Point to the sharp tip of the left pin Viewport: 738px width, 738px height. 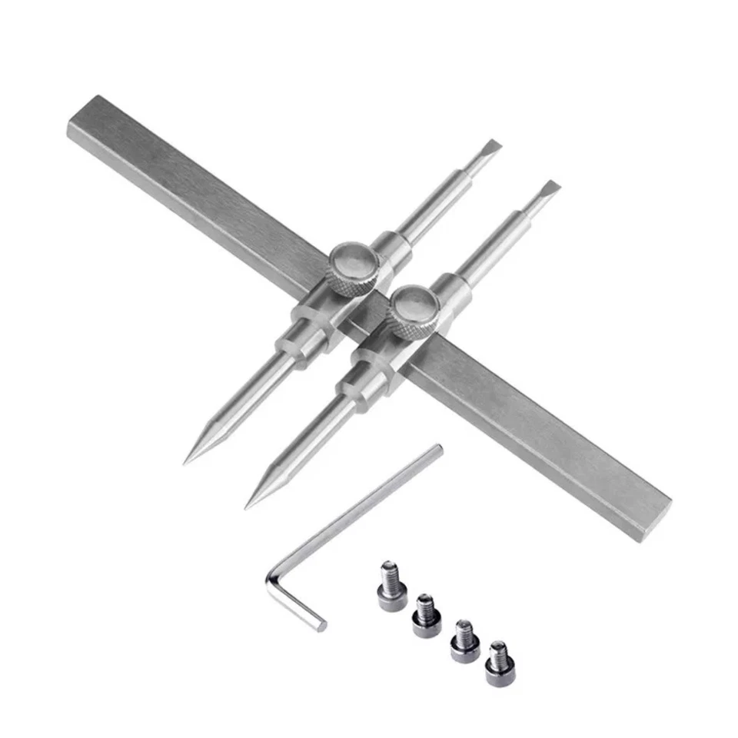(186, 463)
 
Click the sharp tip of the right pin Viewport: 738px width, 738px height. (248, 507)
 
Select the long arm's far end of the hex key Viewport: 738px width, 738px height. (438, 450)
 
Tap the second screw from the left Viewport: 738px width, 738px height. (425, 616)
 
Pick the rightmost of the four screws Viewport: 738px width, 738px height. (500, 663)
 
